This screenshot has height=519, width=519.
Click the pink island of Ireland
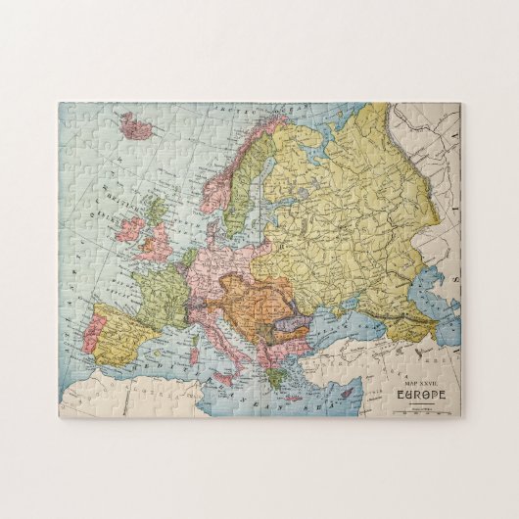125,236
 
